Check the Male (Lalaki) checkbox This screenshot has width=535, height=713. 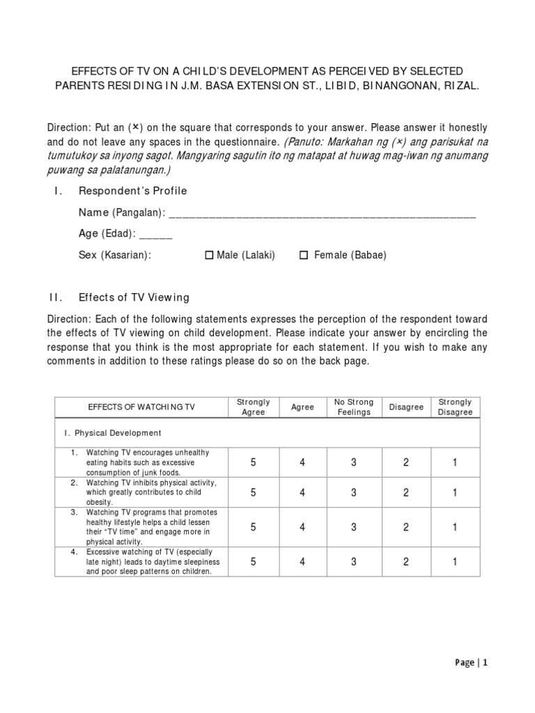pos(209,256)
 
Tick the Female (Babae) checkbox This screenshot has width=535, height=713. pos(304,256)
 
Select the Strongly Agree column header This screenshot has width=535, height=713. pos(253,407)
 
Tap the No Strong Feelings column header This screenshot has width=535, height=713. pos(354,407)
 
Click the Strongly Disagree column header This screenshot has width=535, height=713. pos(455,407)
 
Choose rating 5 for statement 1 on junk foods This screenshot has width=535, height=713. pos(253,463)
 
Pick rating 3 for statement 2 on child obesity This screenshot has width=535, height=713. pos(354,493)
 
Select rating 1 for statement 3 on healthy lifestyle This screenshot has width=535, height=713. pos(455,527)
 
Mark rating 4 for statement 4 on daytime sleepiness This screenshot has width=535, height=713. pos(302,562)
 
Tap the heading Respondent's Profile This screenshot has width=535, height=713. pos(132,191)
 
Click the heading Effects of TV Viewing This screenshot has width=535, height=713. pos(134,298)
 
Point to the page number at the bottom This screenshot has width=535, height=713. pos(467,663)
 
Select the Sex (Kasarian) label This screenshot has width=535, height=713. pos(114,256)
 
